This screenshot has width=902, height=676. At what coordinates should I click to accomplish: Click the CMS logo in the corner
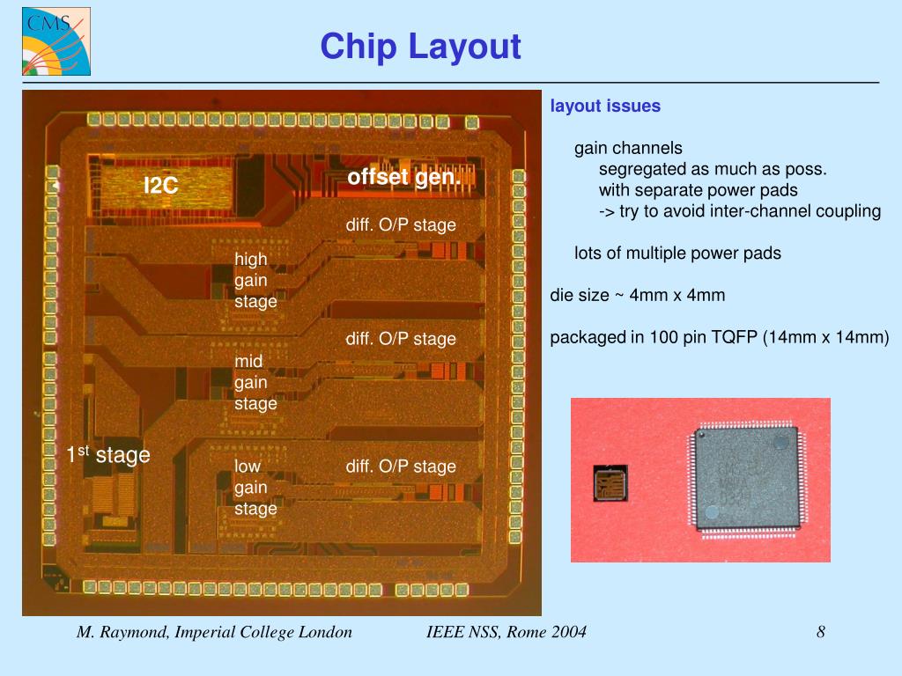[56, 41]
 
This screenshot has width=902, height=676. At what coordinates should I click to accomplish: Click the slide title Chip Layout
[420, 47]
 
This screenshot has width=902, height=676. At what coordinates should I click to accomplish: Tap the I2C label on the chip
[161, 185]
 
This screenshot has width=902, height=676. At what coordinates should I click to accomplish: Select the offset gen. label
[403, 177]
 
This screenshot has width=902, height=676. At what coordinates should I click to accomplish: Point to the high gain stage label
[255, 280]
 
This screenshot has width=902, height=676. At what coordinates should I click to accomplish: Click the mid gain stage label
[255, 382]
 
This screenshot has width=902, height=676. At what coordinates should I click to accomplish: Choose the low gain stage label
[255, 487]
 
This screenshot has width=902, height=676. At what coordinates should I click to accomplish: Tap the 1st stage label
[108, 454]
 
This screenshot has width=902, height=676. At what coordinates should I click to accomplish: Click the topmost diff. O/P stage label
[401, 224]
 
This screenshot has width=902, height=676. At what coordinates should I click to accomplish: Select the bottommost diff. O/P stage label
[401, 466]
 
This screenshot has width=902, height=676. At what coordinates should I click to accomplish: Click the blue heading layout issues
[605, 107]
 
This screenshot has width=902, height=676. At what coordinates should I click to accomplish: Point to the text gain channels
[628, 148]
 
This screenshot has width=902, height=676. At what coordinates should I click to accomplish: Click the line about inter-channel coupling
[740, 211]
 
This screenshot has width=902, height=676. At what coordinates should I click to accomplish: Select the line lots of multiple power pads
[677, 253]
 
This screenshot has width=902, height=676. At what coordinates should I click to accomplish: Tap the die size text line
[638, 295]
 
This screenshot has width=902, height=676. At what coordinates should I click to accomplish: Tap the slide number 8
[820, 632]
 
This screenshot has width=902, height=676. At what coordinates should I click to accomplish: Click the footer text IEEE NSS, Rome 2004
[506, 632]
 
